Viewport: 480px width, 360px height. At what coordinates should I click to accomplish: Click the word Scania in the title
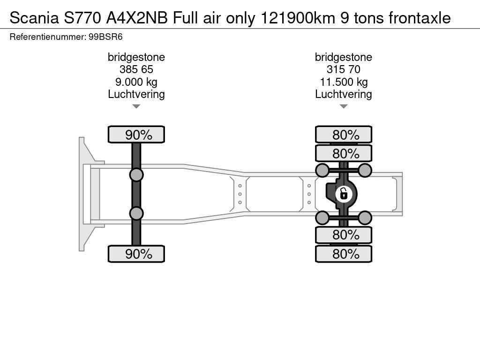coord(34,18)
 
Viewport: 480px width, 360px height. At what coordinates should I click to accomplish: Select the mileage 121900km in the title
coord(298,18)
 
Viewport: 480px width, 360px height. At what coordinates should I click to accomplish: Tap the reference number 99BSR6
coord(105,37)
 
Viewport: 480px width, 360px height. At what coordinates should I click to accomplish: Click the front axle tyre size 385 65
coord(136,69)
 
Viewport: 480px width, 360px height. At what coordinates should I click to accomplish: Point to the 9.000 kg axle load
coord(136,82)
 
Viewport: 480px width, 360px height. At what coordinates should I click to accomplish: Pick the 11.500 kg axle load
coord(344,82)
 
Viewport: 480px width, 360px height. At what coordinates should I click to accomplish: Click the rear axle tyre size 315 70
coord(344,69)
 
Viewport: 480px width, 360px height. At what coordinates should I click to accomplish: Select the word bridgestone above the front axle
coord(136,57)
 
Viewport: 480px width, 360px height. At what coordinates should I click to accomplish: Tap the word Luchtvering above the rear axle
coord(344,94)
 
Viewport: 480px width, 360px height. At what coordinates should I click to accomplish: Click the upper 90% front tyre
coord(136,135)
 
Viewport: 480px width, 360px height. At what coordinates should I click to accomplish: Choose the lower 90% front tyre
coord(136,254)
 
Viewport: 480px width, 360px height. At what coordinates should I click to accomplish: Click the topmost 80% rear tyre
coord(344,135)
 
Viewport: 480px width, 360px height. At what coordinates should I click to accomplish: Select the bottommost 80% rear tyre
coord(344,254)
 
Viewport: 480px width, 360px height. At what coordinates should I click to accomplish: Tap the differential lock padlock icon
coord(344,194)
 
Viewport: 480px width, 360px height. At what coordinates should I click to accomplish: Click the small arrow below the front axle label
coord(136,106)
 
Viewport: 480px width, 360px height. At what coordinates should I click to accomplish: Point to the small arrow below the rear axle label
coord(344,106)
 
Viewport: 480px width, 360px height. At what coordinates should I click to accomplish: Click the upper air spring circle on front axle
coord(136,175)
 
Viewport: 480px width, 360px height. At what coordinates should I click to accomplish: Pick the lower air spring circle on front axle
coord(136,213)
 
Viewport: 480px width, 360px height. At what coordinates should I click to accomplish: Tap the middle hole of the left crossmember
coord(240,194)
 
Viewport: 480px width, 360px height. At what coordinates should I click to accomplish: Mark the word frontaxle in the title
coord(420,18)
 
